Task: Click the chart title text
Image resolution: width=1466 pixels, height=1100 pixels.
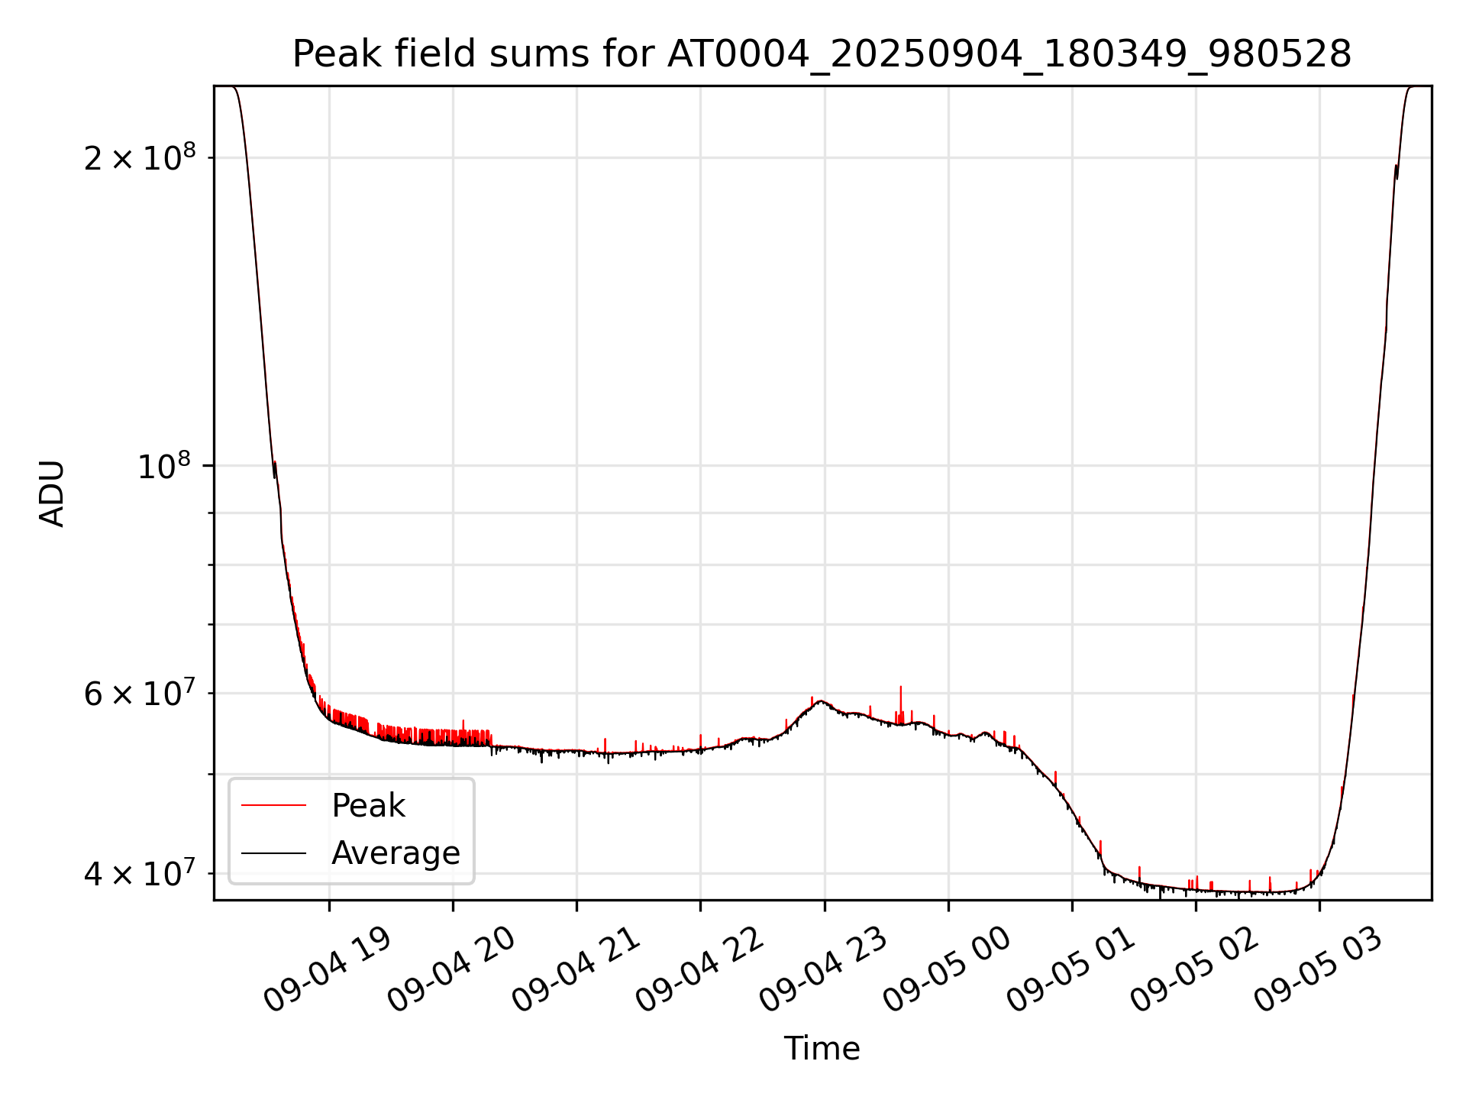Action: point(822,54)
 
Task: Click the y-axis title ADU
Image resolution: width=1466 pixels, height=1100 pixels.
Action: point(52,493)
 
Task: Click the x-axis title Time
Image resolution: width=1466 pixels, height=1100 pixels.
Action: point(822,1049)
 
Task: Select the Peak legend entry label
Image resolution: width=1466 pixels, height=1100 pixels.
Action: point(368,806)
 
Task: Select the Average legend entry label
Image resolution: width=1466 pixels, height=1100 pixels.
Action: point(396,853)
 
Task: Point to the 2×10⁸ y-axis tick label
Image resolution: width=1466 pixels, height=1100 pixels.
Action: point(139,158)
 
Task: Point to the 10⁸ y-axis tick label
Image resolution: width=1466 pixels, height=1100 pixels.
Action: point(166,466)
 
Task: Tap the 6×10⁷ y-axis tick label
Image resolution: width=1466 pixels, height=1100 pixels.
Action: point(139,694)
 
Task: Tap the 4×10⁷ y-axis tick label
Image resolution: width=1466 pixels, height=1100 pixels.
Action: point(139,873)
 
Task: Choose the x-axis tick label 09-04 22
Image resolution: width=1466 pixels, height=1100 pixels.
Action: point(699,970)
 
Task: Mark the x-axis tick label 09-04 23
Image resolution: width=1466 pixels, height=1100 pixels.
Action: point(822,970)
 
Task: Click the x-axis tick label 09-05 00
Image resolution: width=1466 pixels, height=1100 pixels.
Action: point(946,970)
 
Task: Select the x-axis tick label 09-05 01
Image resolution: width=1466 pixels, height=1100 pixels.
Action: point(1070,970)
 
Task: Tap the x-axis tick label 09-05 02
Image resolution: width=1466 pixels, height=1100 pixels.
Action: point(1193,970)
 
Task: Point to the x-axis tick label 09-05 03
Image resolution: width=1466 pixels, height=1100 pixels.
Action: point(1318,970)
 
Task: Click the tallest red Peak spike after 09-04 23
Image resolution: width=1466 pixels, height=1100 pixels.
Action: point(901,690)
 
